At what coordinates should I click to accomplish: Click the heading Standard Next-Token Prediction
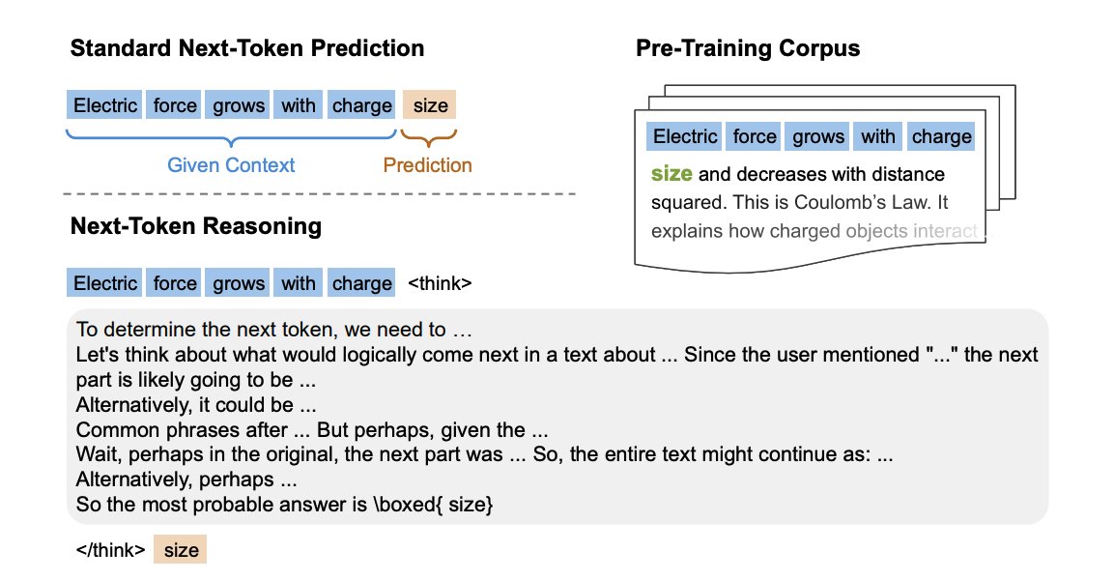click(247, 48)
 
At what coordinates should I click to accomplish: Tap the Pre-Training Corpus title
click(748, 48)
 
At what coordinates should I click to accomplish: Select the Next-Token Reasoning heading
click(196, 226)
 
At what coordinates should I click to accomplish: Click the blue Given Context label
click(231, 165)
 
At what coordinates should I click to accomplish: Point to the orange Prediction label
click(428, 165)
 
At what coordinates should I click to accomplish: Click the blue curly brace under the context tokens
click(231, 137)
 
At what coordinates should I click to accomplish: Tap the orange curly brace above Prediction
click(428, 137)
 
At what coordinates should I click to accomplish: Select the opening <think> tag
click(440, 283)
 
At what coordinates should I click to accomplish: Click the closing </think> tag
click(111, 550)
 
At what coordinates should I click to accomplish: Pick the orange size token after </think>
click(181, 550)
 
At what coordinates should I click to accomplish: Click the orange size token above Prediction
click(430, 105)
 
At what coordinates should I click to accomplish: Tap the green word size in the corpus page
click(671, 174)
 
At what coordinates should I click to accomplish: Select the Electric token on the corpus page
click(684, 136)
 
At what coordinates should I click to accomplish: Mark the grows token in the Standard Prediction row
click(238, 105)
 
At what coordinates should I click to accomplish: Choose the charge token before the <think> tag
click(361, 283)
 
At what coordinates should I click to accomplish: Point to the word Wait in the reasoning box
click(97, 454)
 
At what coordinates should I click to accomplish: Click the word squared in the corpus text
click(685, 203)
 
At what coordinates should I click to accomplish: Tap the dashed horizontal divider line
click(319, 193)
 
